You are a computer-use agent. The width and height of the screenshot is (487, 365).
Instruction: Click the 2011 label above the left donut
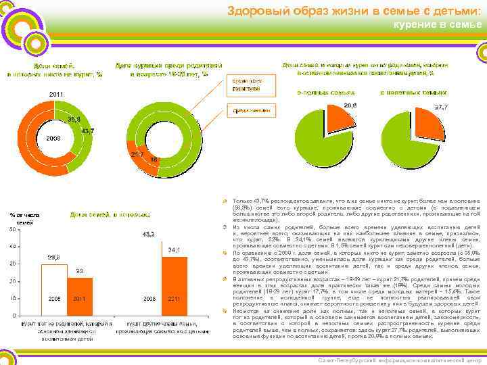[57, 94]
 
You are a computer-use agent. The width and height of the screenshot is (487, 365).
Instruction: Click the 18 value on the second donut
[154, 160]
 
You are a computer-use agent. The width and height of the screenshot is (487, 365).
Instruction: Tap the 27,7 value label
[442, 107]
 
